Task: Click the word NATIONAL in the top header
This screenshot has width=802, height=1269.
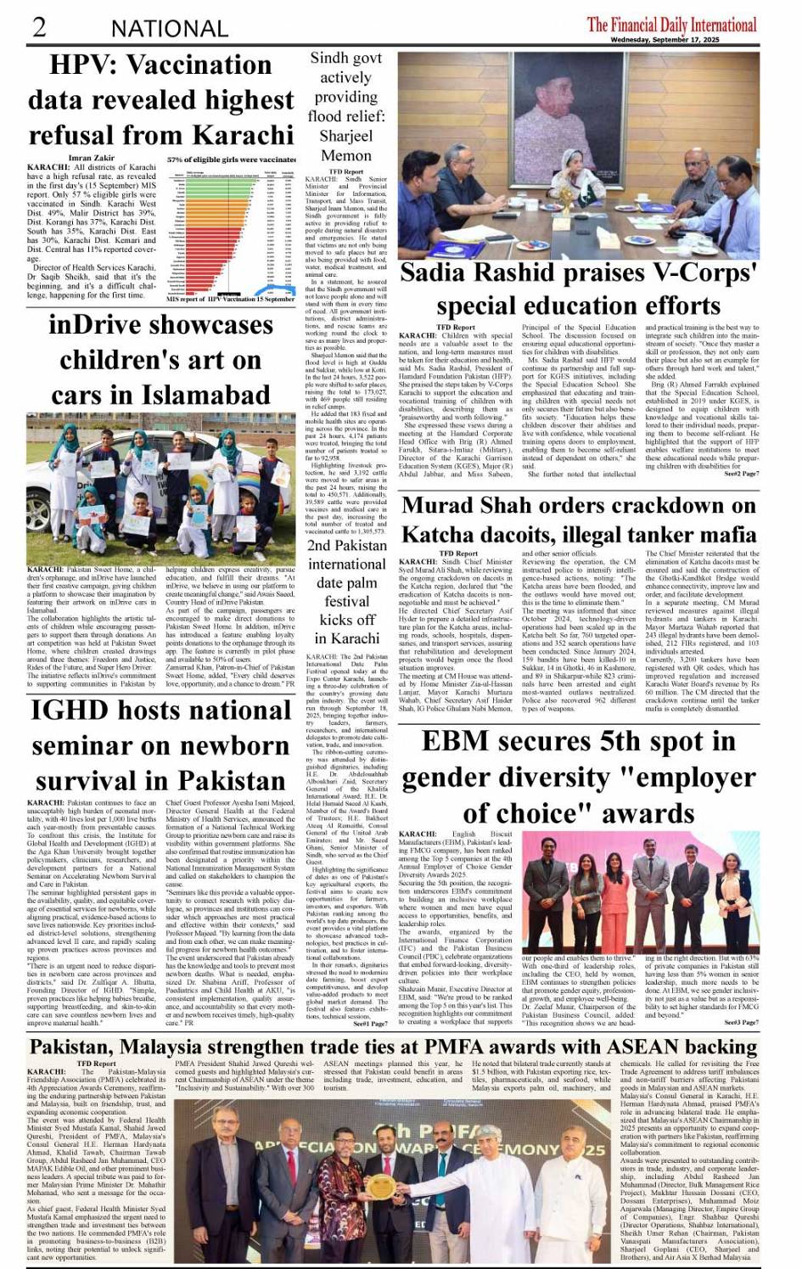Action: [x=169, y=29]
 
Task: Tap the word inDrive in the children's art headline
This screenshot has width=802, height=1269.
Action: [x=91, y=325]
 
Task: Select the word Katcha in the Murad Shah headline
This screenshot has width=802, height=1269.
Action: [x=442, y=535]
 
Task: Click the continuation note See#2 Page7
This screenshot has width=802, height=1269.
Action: [x=742, y=474]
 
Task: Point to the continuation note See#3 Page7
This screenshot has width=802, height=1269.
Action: [x=741, y=1023]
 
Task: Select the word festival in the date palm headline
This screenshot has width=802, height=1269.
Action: [x=346, y=601]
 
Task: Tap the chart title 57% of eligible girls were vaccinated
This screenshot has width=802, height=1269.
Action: [x=231, y=159]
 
